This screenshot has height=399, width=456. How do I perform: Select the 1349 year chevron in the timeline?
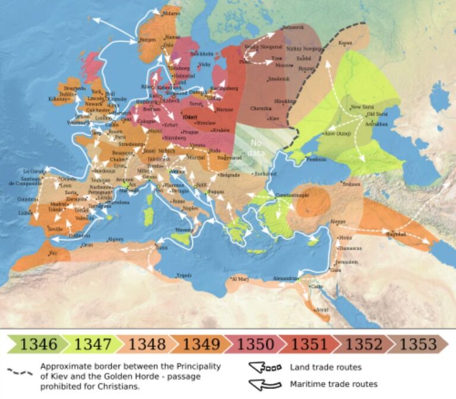201,344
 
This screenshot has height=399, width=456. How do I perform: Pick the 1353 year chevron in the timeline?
417,344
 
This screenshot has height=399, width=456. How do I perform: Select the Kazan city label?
345,43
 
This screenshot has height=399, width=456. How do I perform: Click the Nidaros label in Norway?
171,12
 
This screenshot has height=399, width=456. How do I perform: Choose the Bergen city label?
147,40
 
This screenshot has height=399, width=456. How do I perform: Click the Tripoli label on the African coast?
184,275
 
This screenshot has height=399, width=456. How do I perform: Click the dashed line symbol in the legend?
20,371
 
